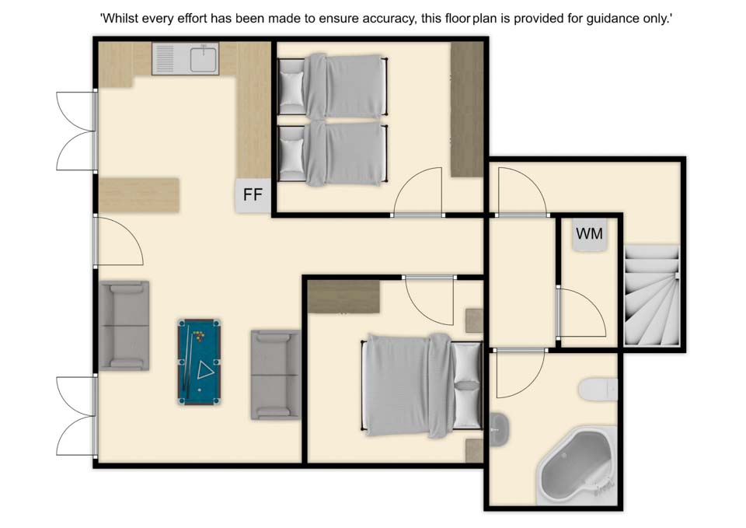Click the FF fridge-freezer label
253,194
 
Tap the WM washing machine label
589,234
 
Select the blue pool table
200,362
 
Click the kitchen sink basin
203,59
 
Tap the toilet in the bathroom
598,390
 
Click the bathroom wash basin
499,429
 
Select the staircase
651,295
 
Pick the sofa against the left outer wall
124,325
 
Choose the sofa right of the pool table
275,375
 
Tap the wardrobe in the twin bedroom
467,110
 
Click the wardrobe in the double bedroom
343,296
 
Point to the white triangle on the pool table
205,370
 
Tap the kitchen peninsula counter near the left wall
139,194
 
